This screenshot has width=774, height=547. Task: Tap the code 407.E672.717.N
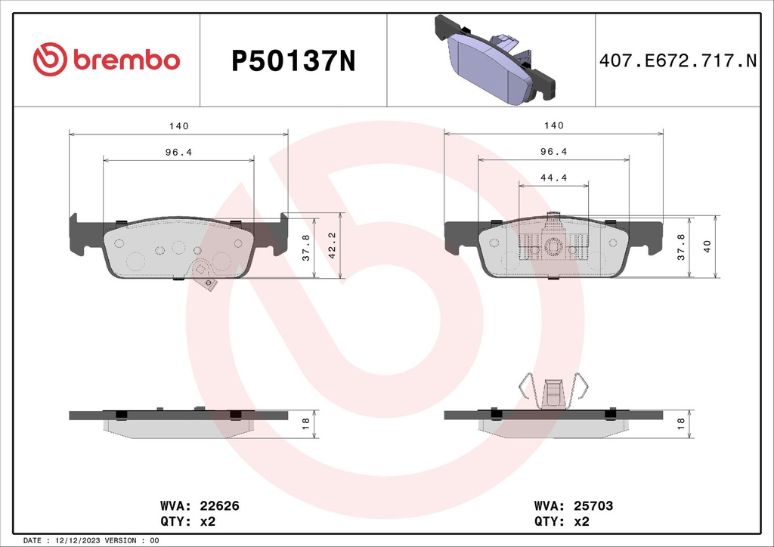pos(677,61)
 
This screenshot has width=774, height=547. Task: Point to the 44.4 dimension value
pos(554,178)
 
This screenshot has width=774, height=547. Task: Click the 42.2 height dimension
pos(330,246)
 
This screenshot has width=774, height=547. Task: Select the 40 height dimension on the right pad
pos(705,246)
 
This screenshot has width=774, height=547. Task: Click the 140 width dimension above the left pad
pos(178,125)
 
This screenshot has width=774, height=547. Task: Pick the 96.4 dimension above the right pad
pos(554,151)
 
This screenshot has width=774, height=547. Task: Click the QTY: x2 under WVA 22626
pos(187,521)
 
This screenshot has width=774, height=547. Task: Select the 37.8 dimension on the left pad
pos(305,246)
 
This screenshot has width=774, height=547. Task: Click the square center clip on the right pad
pos(554,246)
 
